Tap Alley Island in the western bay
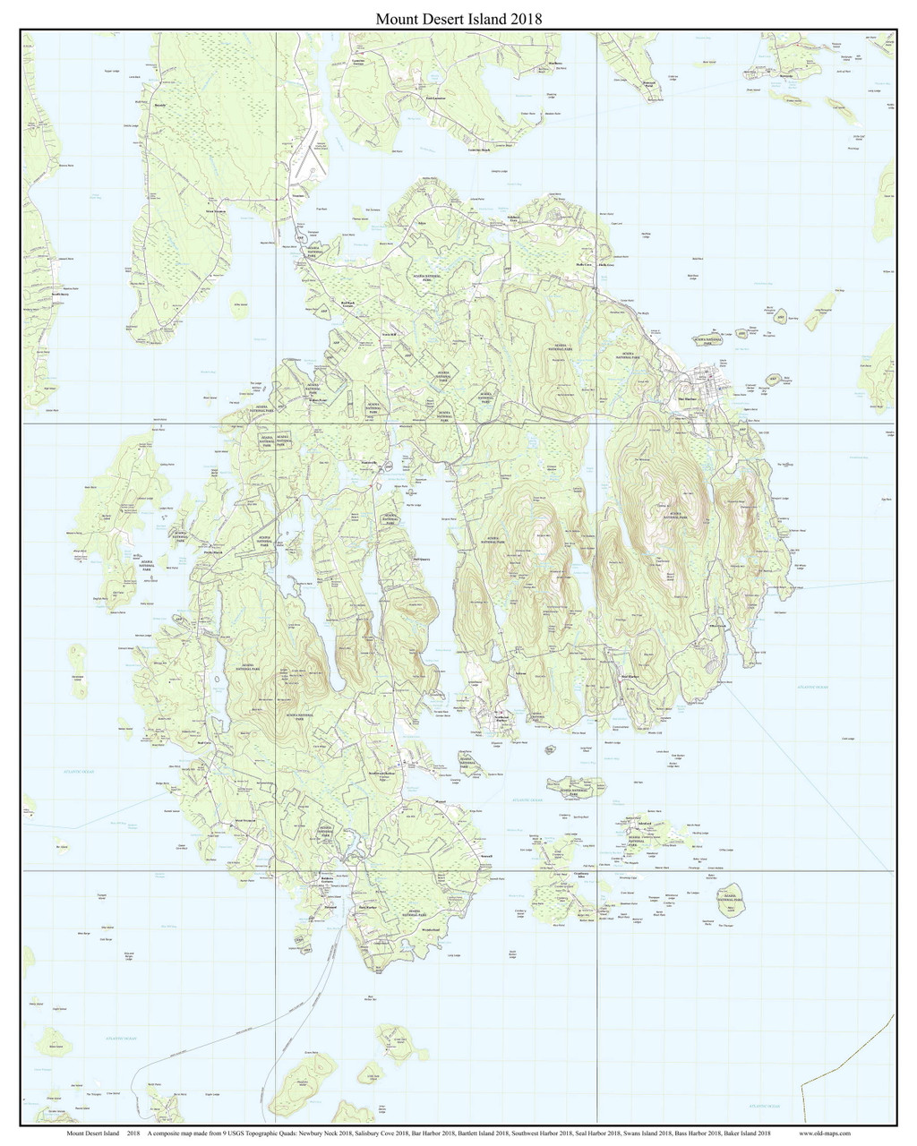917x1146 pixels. tap(240, 305)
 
